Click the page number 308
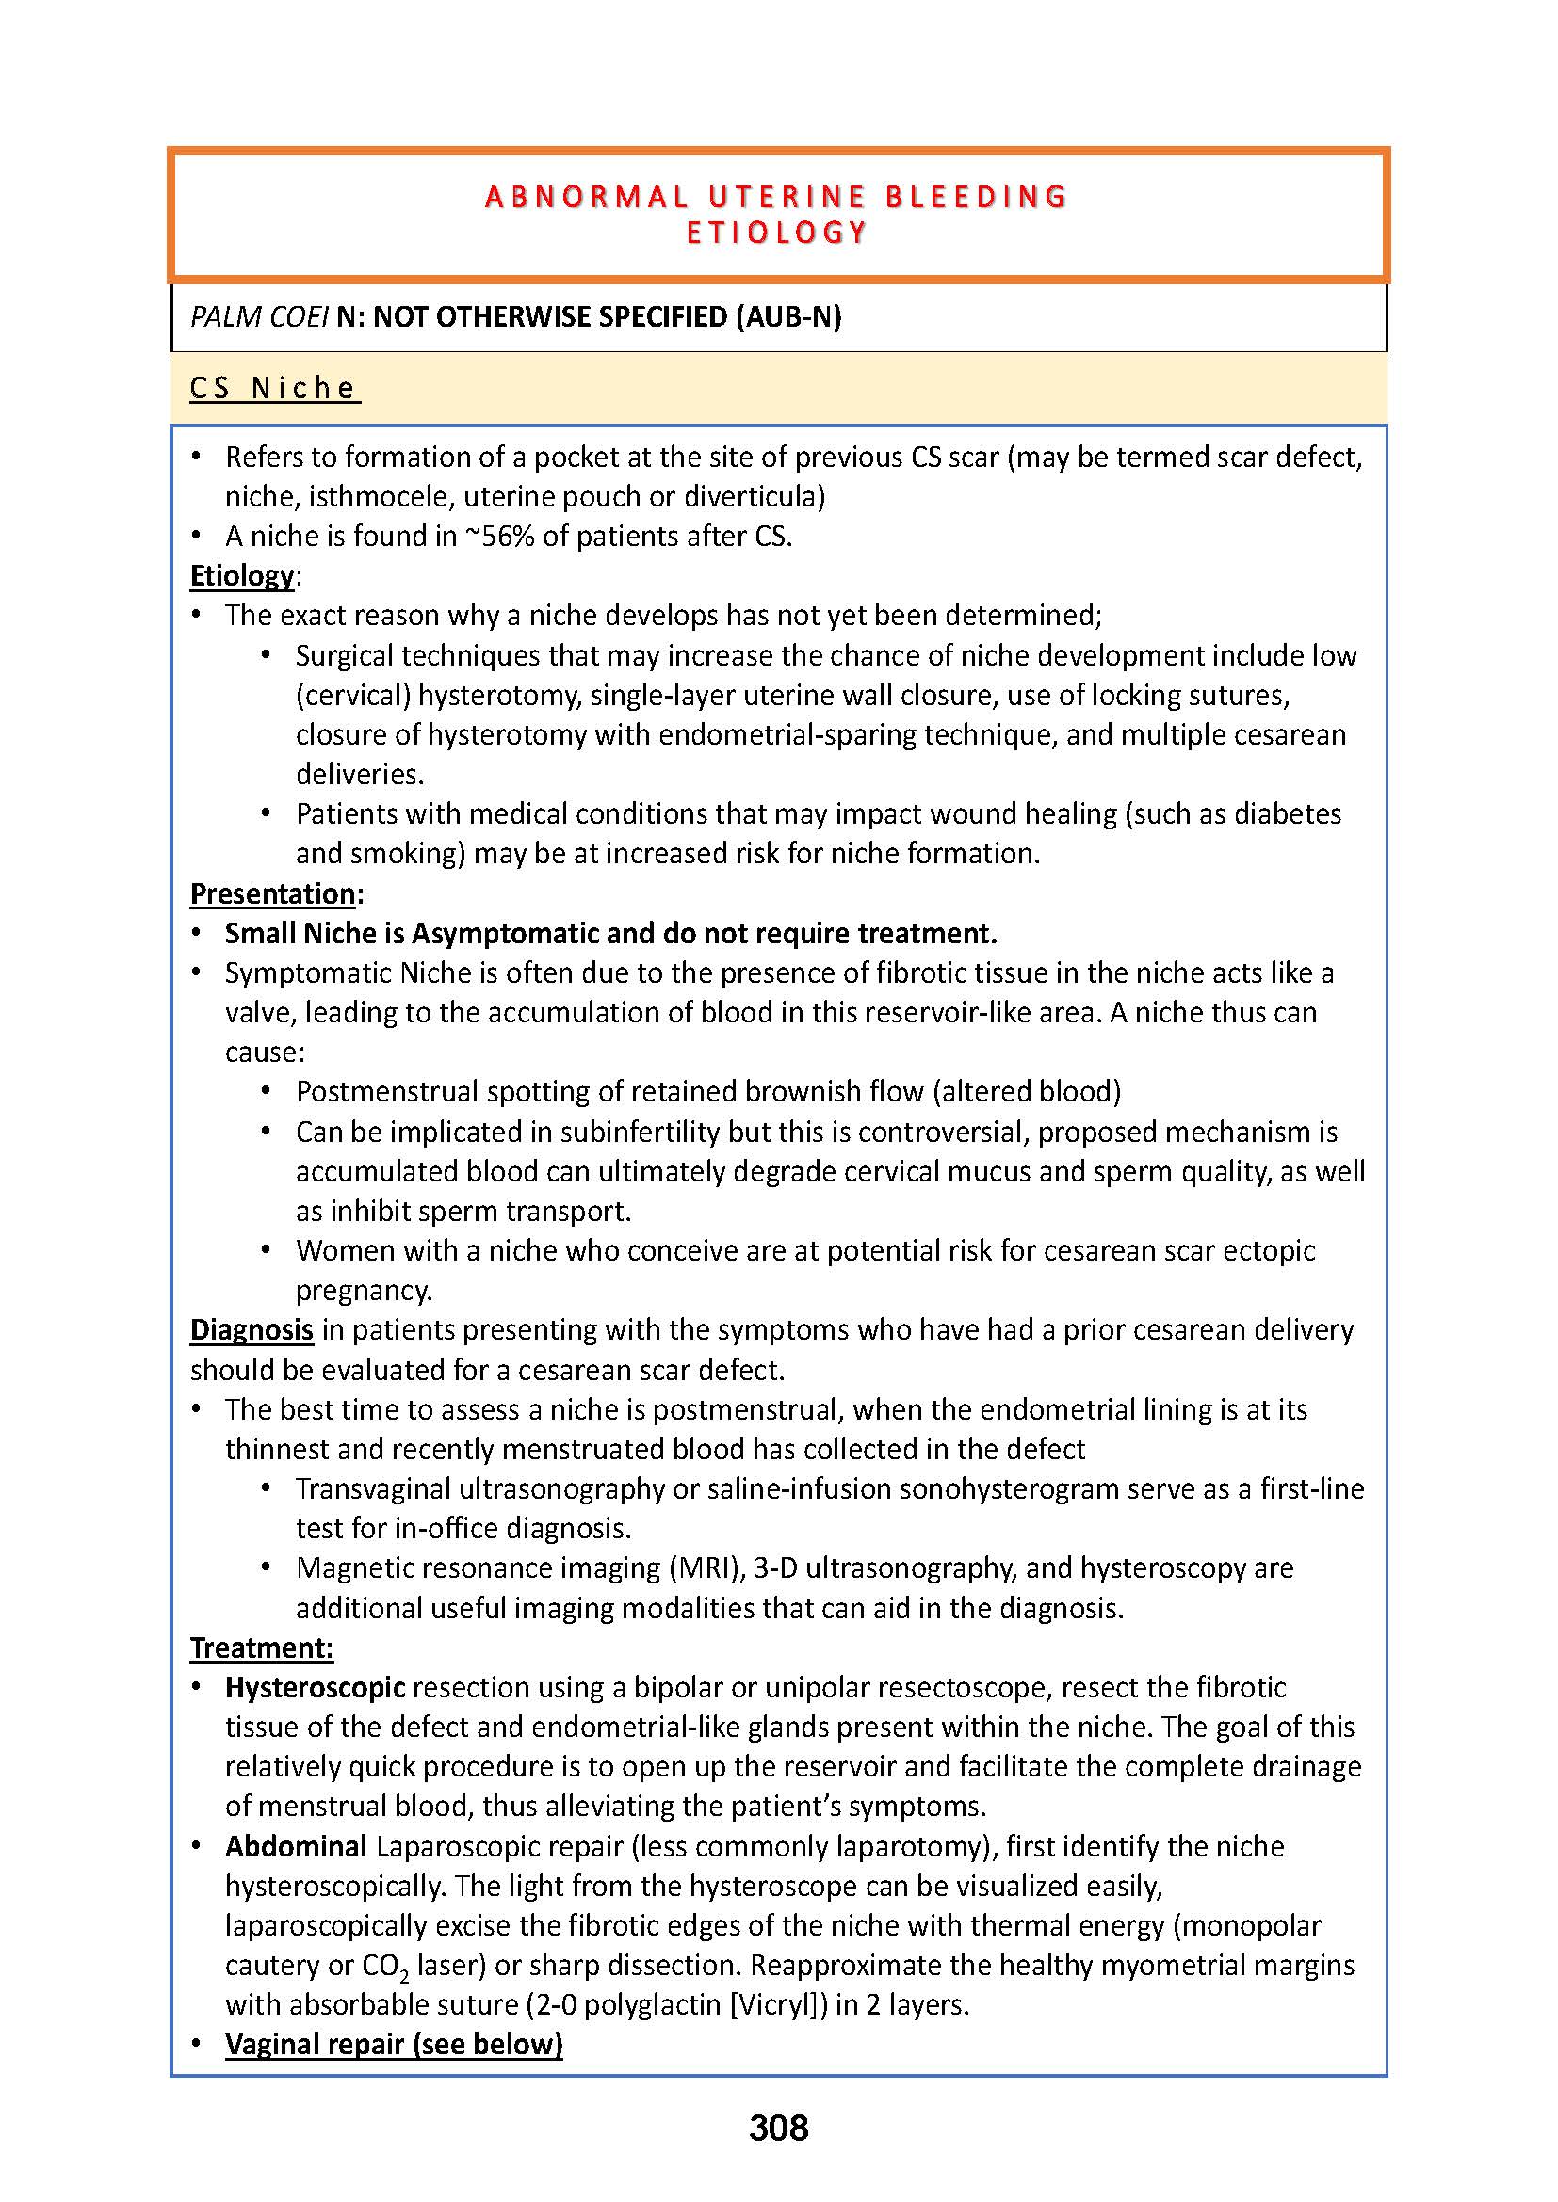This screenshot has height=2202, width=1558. tap(778, 2128)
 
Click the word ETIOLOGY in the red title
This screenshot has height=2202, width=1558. tap(777, 233)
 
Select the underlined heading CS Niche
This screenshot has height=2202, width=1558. tap(273, 389)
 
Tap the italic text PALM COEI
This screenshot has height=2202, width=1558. tap(259, 316)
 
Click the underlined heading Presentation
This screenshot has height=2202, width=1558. tap(272, 893)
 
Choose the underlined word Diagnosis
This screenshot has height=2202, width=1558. tap(252, 1330)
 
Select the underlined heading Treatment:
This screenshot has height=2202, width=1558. tap(261, 1647)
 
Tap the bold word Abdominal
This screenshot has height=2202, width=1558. tap(296, 1846)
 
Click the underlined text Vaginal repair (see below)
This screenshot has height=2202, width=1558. tap(394, 2044)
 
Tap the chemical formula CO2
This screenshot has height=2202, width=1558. tap(385, 1966)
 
